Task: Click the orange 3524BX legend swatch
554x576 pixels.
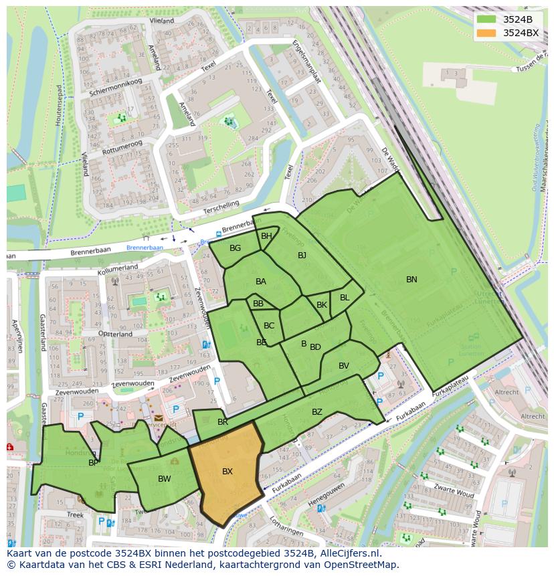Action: click(487, 33)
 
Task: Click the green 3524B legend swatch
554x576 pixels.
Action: click(487, 19)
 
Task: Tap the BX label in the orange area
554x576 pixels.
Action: click(227, 472)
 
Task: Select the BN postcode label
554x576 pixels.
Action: click(411, 280)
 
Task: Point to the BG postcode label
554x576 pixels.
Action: click(235, 248)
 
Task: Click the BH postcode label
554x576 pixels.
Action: click(266, 235)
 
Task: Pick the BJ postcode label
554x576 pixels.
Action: click(302, 255)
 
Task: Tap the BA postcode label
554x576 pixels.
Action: click(261, 282)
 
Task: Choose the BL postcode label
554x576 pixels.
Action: click(345, 298)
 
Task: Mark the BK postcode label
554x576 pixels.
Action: click(322, 305)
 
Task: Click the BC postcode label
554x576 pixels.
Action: click(269, 326)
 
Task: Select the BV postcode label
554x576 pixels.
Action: click(344, 365)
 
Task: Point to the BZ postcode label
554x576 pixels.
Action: click(317, 412)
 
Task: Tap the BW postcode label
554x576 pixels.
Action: click(165, 478)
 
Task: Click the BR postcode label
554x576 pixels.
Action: click(223, 422)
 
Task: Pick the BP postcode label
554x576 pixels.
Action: click(94, 462)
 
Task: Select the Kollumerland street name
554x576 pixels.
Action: click(117, 269)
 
